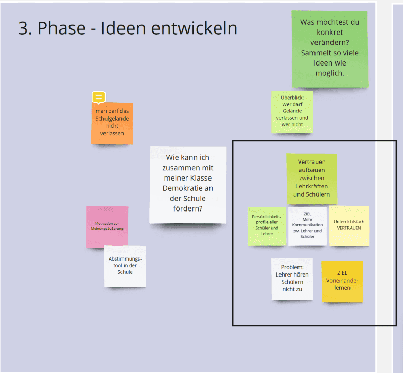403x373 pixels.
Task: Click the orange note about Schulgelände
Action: pos(112,123)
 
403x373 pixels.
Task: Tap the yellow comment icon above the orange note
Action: pos(98,97)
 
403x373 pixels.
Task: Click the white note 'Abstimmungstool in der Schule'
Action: pos(125,266)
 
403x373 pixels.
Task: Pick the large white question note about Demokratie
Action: pos(188,184)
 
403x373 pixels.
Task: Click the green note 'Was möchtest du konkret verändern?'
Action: pos(330,49)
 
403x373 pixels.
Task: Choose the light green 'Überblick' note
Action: pos(292,112)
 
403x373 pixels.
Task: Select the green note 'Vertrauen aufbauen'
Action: pos(311,179)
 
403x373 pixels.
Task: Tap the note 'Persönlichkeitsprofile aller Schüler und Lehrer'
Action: pos(267,225)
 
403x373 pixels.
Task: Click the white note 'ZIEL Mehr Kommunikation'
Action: pos(307,226)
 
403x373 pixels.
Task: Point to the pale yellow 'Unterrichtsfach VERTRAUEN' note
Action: pos(349,225)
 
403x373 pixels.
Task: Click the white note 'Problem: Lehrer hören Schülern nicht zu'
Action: pos(292,279)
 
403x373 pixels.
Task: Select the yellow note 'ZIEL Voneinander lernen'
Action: pos(342,281)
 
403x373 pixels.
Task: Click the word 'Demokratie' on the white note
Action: pos(188,188)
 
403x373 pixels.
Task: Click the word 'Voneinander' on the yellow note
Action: pos(342,281)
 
